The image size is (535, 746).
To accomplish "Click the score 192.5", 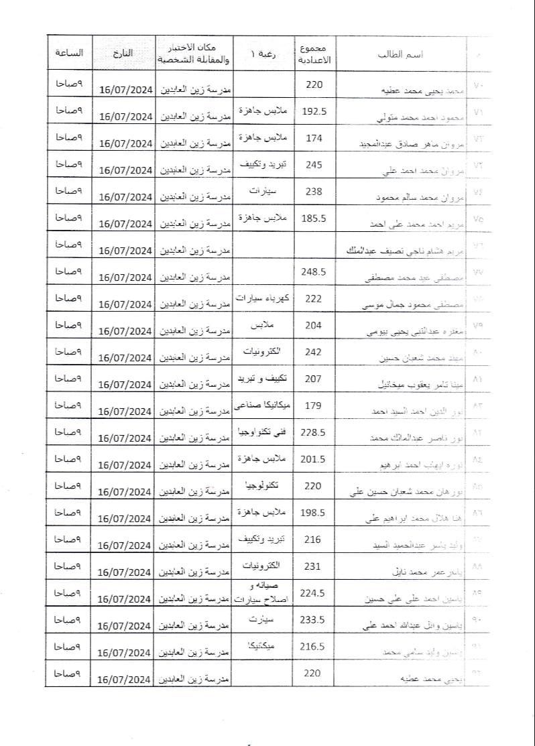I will pyautogui.click(x=314, y=111).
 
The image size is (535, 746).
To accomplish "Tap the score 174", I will pyautogui.click(x=314, y=138).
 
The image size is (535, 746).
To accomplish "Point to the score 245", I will pyautogui.click(x=314, y=165).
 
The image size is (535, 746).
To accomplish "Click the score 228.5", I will pyautogui.click(x=314, y=432).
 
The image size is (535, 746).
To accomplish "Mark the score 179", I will pyautogui.click(x=314, y=406).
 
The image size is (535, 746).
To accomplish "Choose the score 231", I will pyautogui.click(x=314, y=566).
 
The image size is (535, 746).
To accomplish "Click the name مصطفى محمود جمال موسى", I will pyautogui.click(x=406, y=305).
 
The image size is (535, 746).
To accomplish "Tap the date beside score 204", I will pyautogui.click(x=126, y=330).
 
